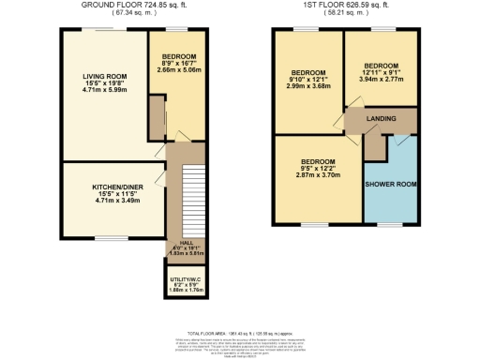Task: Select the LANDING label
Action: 381,119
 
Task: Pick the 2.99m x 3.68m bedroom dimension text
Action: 307,88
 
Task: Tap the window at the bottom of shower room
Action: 390,224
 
